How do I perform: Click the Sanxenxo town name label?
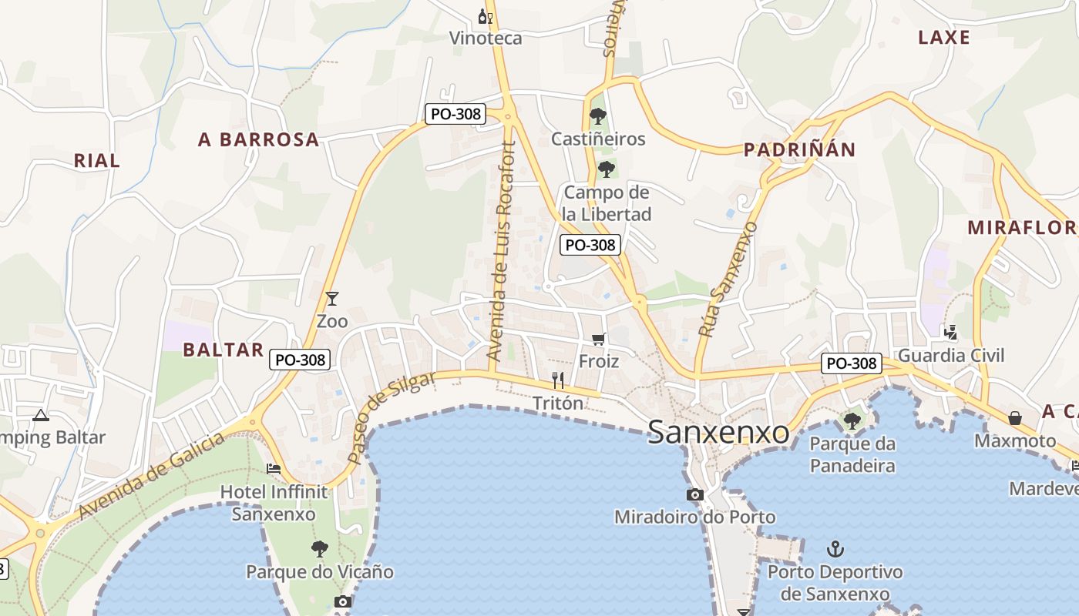[x=718, y=432]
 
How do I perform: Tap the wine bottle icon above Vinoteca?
[x=485, y=16]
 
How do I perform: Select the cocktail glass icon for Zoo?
[x=332, y=298]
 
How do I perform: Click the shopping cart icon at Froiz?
[x=599, y=339]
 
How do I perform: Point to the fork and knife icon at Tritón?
[x=559, y=380]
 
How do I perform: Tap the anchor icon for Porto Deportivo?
[x=835, y=549]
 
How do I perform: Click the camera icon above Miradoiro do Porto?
[x=695, y=494]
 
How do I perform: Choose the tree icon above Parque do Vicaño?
[x=320, y=549]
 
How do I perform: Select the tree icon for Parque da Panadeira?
[x=852, y=420]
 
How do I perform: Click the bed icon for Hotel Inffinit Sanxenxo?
[x=274, y=468]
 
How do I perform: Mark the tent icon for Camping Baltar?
[x=41, y=415]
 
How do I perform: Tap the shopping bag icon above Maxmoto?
[x=1015, y=418]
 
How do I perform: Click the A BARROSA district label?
[x=258, y=139]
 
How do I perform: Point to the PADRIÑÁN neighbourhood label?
[x=799, y=149]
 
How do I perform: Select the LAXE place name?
[x=944, y=37]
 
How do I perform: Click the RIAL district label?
[x=97, y=160]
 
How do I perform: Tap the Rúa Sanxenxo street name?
[x=728, y=280]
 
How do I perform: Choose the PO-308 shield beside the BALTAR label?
[x=301, y=360]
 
